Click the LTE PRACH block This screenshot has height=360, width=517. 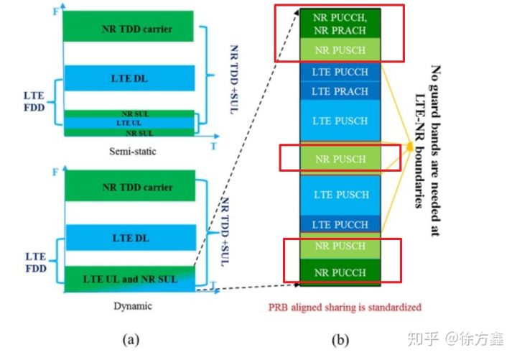340,91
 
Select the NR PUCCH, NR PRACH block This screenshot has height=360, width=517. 340,24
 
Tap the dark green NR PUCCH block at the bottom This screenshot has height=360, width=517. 340,273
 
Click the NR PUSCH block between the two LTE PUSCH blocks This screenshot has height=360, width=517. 340,159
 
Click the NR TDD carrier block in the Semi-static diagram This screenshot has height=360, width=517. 128,29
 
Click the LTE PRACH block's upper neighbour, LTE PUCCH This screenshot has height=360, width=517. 340,72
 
